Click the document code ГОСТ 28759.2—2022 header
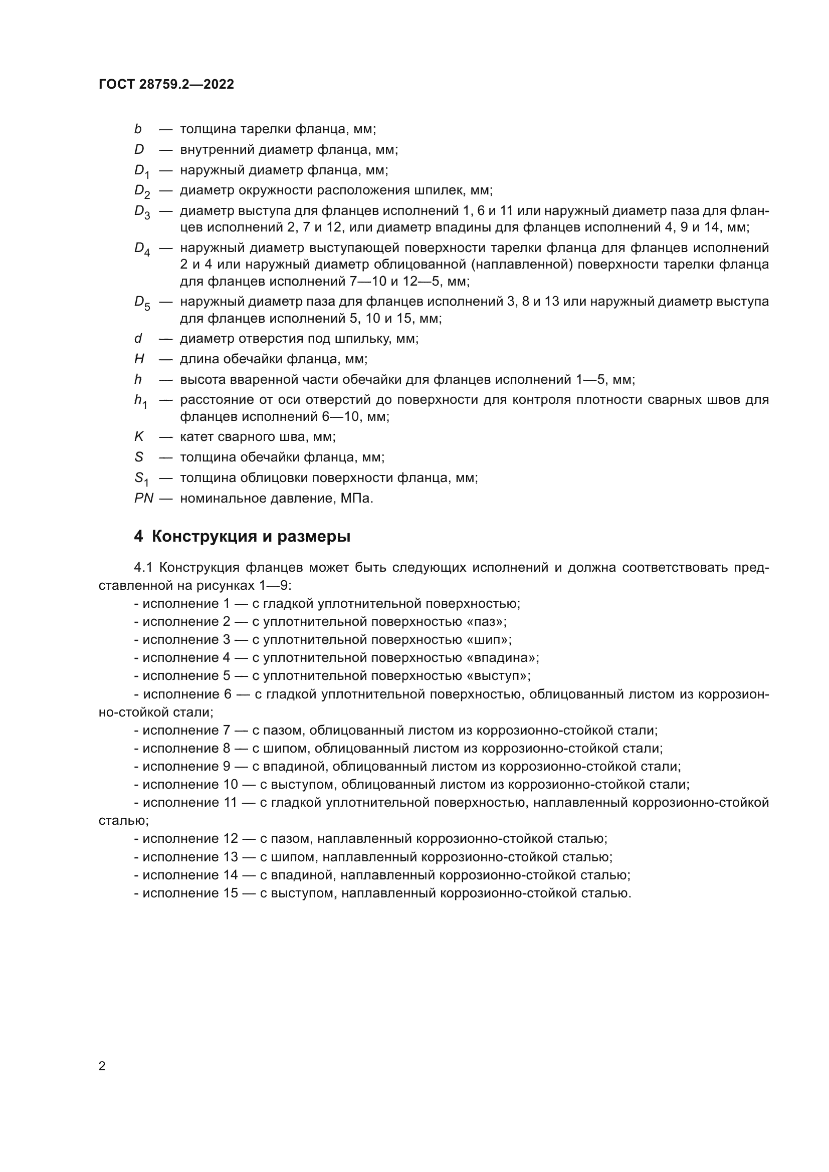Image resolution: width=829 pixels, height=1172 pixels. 166,85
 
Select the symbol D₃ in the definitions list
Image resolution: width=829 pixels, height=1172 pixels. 142,212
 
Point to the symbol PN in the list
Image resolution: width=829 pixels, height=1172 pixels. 143,498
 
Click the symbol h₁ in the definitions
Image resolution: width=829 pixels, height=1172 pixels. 140,401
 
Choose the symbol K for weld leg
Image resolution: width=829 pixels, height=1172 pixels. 139,437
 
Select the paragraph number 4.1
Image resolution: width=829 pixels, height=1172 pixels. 144,568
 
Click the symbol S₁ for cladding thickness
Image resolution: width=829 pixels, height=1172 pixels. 141,479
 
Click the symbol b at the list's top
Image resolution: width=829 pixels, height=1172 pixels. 138,129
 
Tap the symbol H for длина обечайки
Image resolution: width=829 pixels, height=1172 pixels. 139,359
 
